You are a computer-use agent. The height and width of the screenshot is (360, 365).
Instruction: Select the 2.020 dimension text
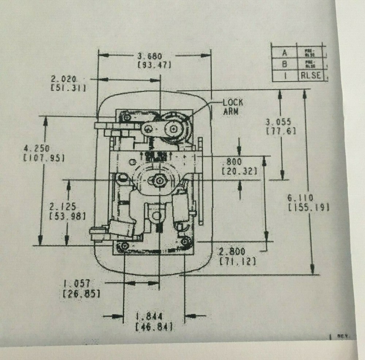64,79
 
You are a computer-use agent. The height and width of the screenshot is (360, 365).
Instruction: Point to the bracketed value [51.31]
68,88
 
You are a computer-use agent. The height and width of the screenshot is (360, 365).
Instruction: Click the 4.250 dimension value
36,149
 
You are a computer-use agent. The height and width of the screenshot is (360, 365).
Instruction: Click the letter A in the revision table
285,53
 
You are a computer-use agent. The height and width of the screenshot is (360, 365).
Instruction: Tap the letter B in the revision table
285,64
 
